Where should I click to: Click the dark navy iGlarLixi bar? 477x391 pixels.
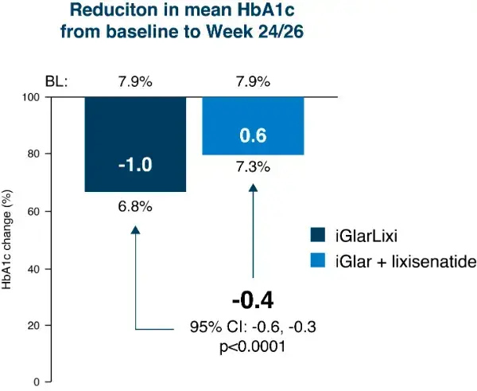[135, 143]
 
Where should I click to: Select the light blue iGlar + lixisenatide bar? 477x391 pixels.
[253, 126]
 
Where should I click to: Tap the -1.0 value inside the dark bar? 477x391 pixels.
[135, 166]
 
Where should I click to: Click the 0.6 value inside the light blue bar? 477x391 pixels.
[253, 137]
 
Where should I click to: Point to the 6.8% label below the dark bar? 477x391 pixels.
[135, 206]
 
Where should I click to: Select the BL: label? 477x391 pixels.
[56, 81]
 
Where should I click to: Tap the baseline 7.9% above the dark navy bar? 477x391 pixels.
[135, 81]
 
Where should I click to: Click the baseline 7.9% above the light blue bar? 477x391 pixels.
[253, 81]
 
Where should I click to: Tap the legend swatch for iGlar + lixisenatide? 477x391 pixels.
[319, 260]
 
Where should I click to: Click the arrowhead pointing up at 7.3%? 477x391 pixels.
[253, 188]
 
